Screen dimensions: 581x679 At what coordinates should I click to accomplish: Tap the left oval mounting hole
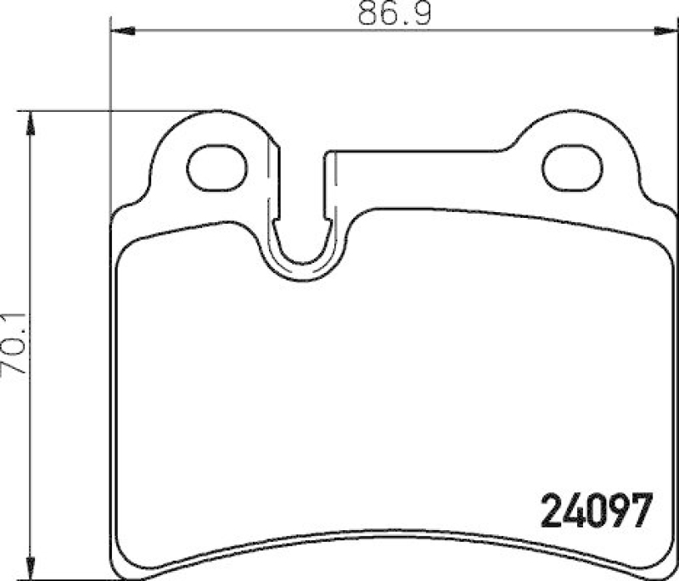pos(216,168)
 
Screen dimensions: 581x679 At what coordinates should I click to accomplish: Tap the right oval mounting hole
pos(572,168)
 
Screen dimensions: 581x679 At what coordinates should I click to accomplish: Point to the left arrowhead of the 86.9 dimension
pos(123,31)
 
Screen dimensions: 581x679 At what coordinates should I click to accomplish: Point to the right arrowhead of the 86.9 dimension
pos(667,31)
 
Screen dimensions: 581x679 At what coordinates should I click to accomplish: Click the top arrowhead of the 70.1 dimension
pos(31,122)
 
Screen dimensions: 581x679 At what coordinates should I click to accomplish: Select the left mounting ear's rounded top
pos(216,114)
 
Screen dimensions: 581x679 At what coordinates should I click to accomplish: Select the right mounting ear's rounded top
pos(572,114)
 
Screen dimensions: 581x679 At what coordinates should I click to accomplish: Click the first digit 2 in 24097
pos(553,510)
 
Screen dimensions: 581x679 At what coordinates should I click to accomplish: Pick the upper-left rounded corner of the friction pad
pos(127,246)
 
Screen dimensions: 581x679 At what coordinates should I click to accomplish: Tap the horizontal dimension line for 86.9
pos(255,31)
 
